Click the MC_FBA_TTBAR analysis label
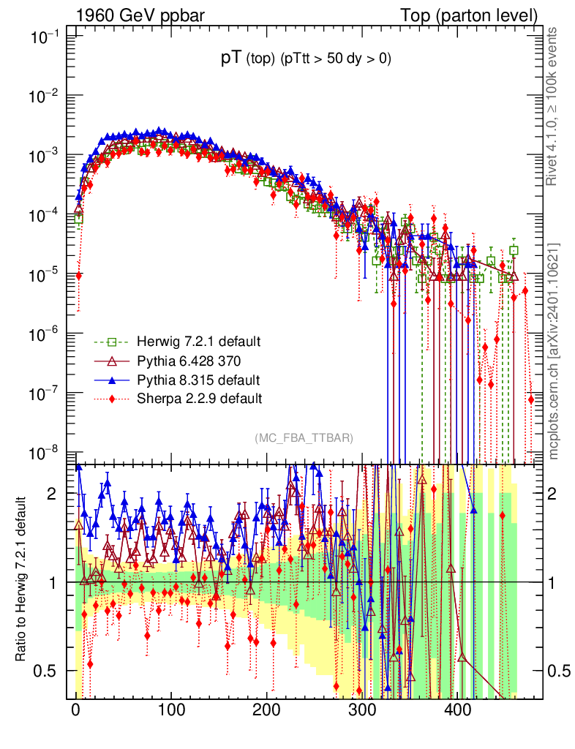[x=304, y=438]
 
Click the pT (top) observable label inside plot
[x=307, y=60]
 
